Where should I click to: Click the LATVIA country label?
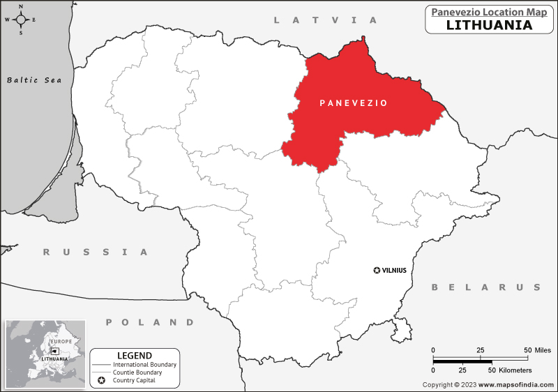coord(325,20)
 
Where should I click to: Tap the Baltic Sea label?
coord(34,80)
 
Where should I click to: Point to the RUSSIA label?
coord(96,252)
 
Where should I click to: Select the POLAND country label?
coord(150,322)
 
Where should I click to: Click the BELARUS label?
coord(486,287)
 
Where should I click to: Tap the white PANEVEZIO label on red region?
coord(353,103)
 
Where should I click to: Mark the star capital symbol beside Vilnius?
coord(377,270)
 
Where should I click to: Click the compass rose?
coord(20,20)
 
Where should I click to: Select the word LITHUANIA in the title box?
coord(489,25)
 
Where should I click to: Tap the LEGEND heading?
coord(135,356)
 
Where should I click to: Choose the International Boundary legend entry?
coord(144,365)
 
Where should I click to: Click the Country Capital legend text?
coord(137,381)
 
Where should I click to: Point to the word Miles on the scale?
coord(542,349)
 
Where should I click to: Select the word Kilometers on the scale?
coord(515,370)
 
